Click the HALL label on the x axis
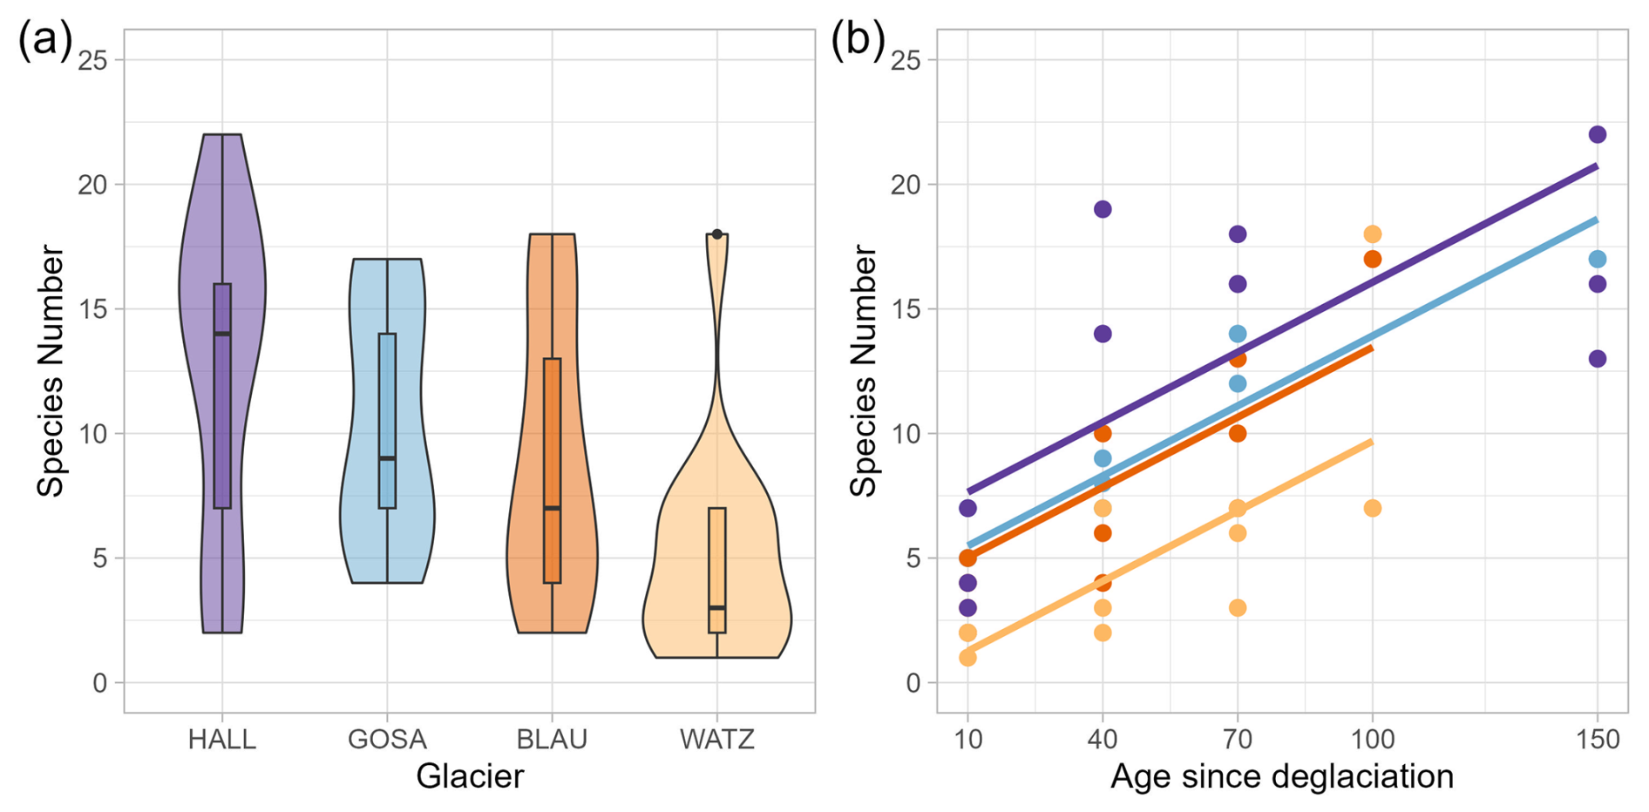(222, 740)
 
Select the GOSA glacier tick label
(387, 740)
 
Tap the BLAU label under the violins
(552, 740)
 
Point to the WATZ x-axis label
(716, 740)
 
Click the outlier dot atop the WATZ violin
(717, 234)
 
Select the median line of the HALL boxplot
(222, 334)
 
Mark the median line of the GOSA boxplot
(387, 458)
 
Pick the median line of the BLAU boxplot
(552, 508)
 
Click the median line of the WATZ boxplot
(717, 607)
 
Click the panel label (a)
(44, 40)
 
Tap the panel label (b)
(858, 40)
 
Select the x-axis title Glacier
(470, 776)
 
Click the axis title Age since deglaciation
(1282, 776)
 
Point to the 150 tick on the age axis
(1598, 740)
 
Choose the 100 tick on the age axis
(1373, 740)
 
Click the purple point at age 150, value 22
(1598, 134)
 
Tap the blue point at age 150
(1598, 259)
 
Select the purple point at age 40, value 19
(1103, 209)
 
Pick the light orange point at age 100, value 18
(1373, 234)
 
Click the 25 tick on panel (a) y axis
(93, 60)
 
